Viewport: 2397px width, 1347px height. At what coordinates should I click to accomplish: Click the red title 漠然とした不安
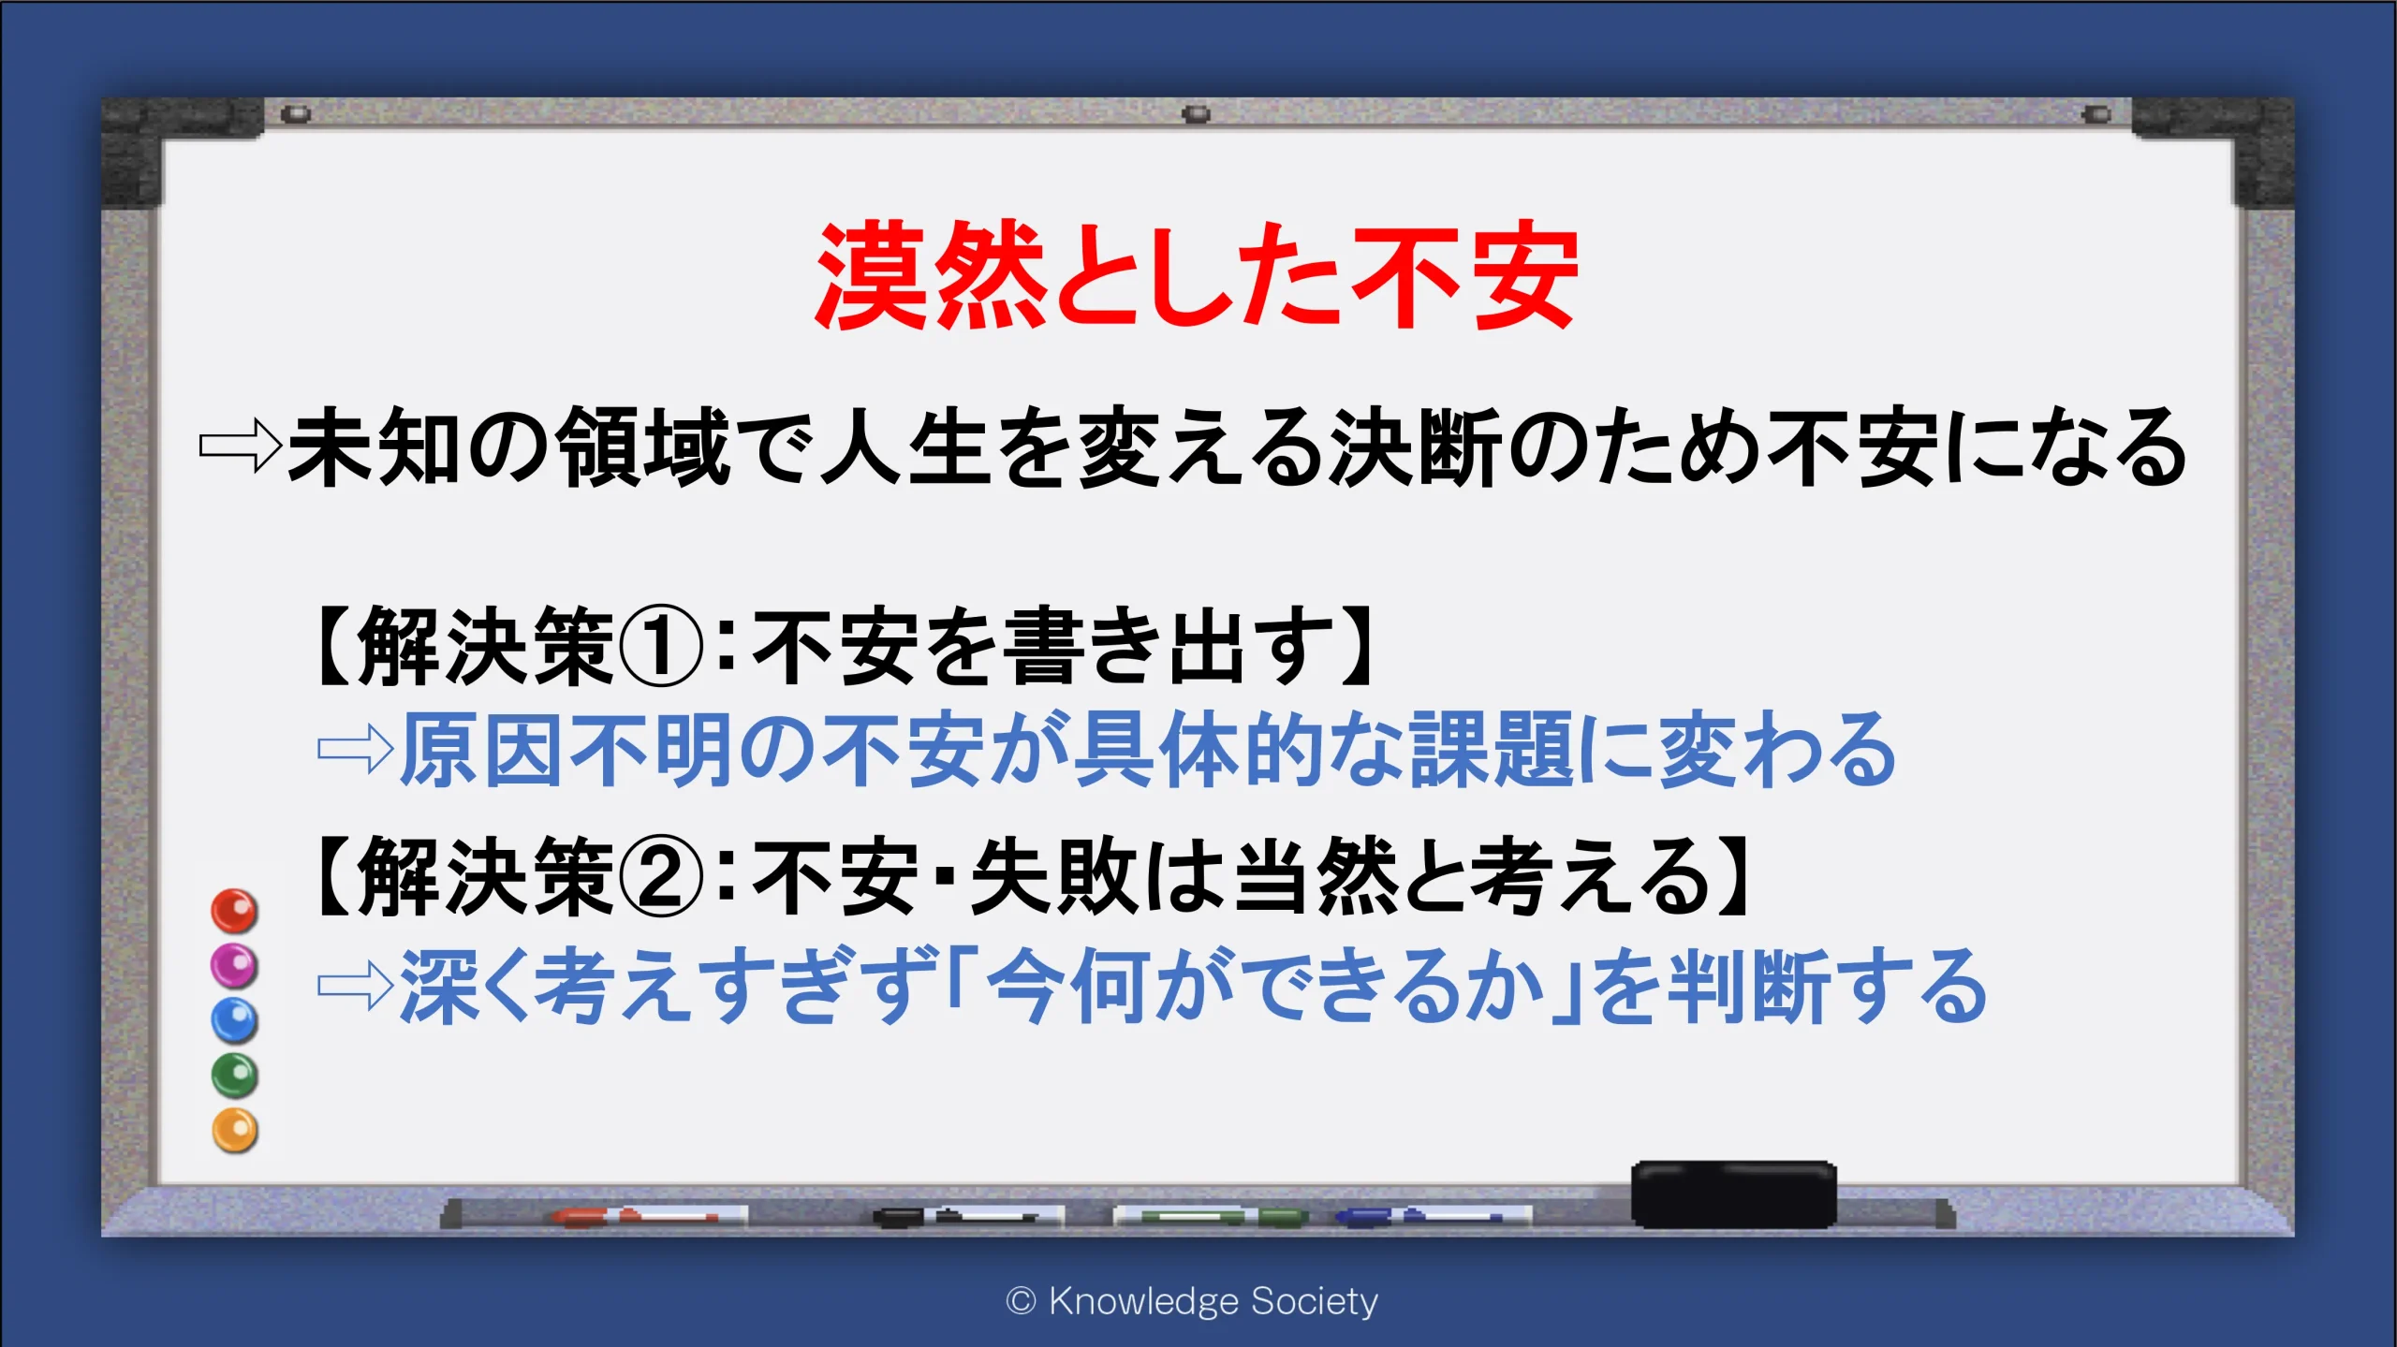click(x=1197, y=276)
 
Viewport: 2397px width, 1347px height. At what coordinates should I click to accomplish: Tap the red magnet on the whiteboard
click(x=234, y=911)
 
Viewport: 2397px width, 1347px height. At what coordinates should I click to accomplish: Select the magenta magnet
click(x=234, y=965)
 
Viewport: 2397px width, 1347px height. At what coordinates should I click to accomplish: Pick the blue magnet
click(x=234, y=1020)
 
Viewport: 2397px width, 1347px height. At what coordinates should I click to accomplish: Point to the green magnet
click(x=234, y=1076)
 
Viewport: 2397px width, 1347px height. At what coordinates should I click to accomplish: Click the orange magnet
click(x=234, y=1131)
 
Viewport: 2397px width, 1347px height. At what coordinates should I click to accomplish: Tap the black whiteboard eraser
click(x=1734, y=1194)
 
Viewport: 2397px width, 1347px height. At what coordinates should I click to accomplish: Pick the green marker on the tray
click(x=1210, y=1216)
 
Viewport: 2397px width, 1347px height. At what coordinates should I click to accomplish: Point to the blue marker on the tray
click(x=1433, y=1216)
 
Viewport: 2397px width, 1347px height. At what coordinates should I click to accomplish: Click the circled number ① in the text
click(x=661, y=647)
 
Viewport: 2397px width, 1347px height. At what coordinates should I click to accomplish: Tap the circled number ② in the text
click(x=661, y=876)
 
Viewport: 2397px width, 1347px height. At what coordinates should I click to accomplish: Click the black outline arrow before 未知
click(x=240, y=447)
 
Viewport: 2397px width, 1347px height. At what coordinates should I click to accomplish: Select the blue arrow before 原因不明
click(x=356, y=749)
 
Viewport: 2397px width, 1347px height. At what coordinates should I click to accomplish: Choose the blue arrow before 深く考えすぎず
click(x=356, y=986)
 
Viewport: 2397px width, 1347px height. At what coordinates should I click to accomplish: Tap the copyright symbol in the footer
click(x=1021, y=1301)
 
